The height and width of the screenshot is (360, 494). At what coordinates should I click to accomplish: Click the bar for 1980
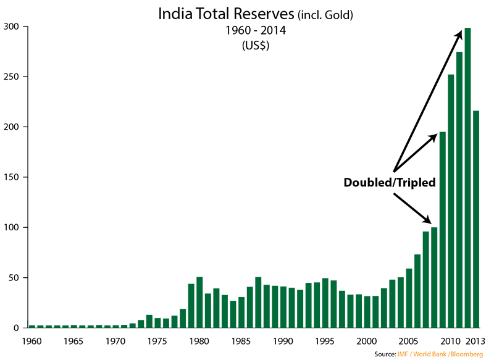click(199, 302)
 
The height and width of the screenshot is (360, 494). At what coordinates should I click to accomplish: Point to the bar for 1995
click(325, 303)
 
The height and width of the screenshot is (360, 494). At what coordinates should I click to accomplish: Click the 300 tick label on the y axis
click(13, 27)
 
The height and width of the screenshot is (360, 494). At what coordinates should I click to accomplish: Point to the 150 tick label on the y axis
click(13, 177)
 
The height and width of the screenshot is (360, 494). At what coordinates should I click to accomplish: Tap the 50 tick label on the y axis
click(15, 277)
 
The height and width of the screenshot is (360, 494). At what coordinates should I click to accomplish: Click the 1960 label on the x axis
click(32, 341)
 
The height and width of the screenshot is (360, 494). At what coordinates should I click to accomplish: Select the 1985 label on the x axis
click(241, 341)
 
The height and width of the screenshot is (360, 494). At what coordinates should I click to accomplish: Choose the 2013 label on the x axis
click(476, 341)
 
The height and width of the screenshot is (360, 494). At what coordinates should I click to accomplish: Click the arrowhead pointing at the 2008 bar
click(427, 220)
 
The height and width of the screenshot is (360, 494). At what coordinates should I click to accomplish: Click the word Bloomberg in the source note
click(468, 354)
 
